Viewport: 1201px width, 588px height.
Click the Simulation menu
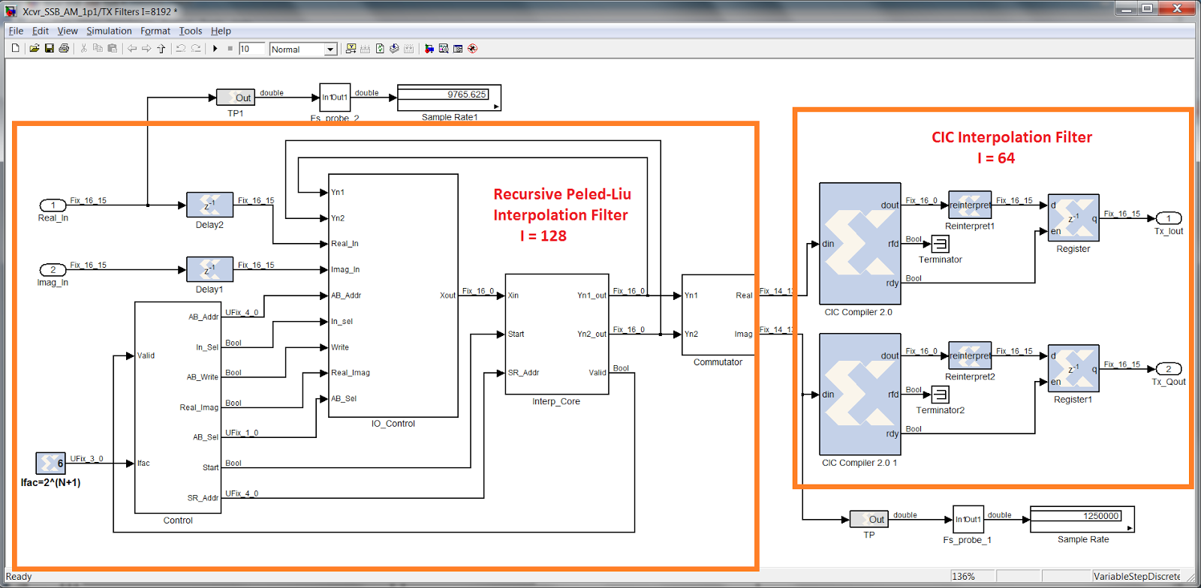[x=109, y=31]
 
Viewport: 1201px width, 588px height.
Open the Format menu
[x=155, y=31]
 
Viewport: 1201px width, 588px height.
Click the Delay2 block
[x=209, y=205]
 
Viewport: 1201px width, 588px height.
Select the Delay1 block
[x=209, y=269]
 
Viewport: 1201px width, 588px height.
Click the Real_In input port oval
[x=53, y=205]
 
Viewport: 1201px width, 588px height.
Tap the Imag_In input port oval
[x=53, y=269]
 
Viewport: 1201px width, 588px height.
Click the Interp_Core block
[x=556, y=334]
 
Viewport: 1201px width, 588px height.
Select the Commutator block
[x=718, y=314]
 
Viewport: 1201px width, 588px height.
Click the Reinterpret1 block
[x=970, y=205]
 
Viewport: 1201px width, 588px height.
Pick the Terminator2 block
[x=940, y=394]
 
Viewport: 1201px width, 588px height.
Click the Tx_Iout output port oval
[x=1168, y=218]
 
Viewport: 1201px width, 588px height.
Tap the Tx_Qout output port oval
[x=1168, y=369]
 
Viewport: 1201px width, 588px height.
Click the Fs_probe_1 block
[x=968, y=519]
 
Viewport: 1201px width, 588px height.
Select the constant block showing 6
[x=50, y=463]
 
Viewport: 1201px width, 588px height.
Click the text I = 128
[x=543, y=236]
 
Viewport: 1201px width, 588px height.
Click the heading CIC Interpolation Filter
[x=1011, y=137]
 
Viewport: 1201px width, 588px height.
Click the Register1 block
[x=1073, y=368]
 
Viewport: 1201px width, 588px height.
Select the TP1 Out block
[x=236, y=97]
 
